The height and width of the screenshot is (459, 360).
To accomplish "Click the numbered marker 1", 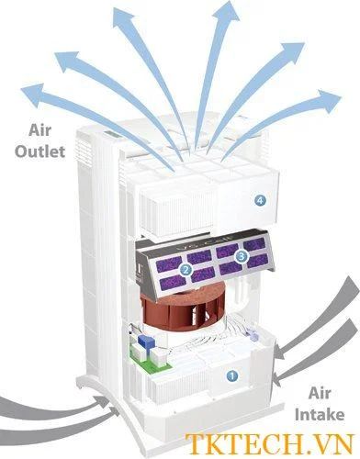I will point(231,375).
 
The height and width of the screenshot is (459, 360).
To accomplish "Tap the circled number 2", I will point(185,270).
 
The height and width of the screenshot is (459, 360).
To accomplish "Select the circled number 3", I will point(242,258).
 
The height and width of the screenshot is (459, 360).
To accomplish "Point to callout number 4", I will point(261,199).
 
